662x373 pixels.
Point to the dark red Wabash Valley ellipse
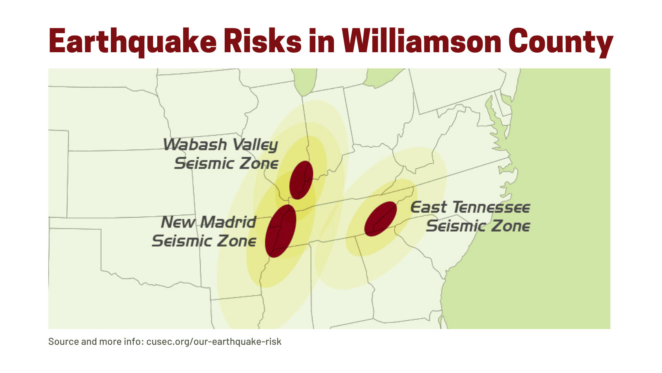(301, 180)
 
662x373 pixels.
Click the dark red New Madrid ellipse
(281, 231)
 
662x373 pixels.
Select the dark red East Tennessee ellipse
(380, 219)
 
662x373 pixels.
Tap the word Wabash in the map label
(195, 145)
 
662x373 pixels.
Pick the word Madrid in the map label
(228, 222)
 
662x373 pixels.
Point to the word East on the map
(428, 207)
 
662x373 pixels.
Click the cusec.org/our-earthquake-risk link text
(213, 342)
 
